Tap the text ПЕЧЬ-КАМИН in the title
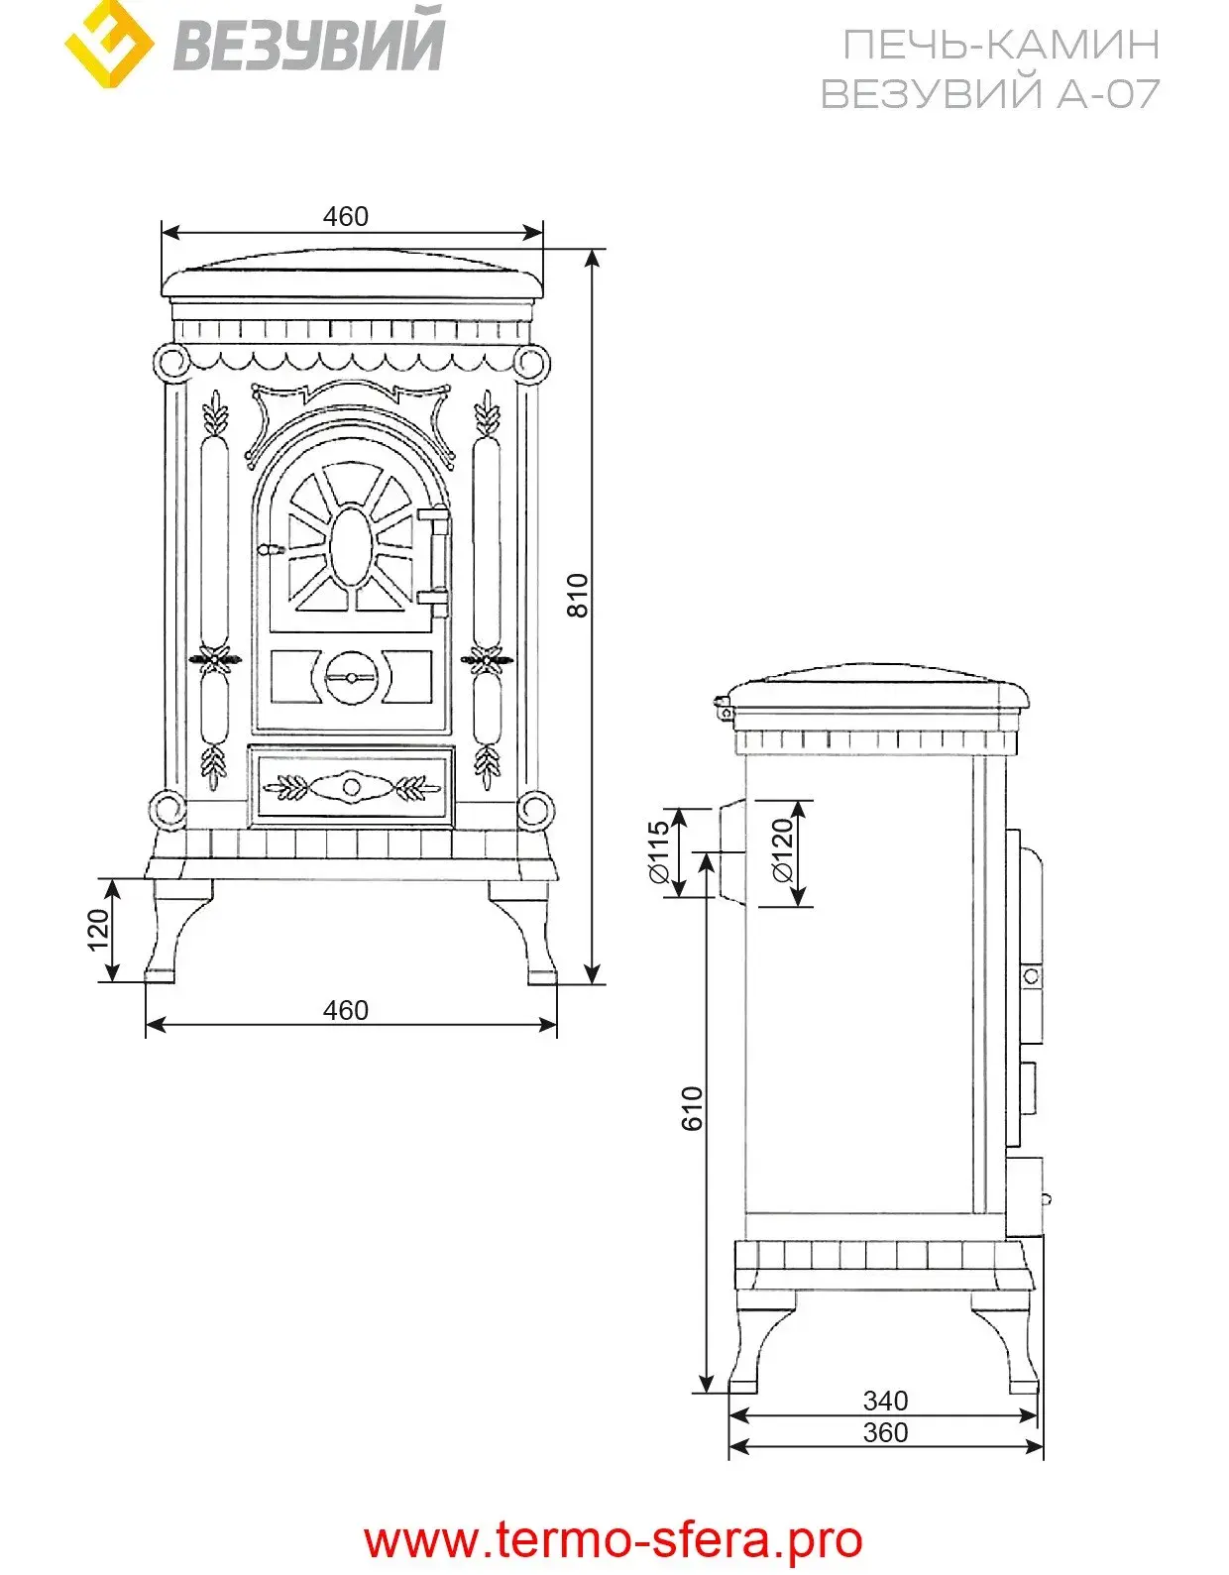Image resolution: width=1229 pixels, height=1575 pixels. (1000, 46)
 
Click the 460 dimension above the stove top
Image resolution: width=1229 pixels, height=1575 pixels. (345, 216)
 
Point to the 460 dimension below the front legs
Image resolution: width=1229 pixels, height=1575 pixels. (345, 1010)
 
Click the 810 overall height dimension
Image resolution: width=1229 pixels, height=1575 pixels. (577, 595)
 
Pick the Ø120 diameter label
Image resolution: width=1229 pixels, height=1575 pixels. (782, 850)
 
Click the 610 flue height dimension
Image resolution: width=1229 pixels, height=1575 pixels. (692, 1108)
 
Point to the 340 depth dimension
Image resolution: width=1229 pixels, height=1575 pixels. (885, 1401)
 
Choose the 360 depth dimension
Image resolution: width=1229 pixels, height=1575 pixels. (885, 1432)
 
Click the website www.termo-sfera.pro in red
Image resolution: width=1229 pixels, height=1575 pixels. (614, 1540)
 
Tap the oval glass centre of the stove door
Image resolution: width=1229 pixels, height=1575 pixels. (352, 547)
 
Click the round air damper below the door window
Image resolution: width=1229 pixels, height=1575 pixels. (352, 678)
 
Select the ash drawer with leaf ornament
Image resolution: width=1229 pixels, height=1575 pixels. (352, 787)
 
